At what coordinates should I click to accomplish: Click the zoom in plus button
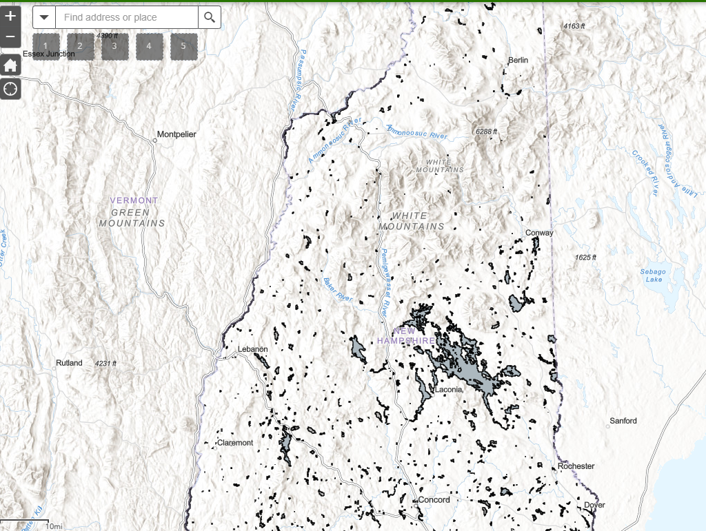pyautogui.click(x=10, y=16)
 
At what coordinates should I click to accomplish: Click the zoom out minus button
pyautogui.click(x=10, y=37)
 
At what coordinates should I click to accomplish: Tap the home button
pyautogui.click(x=10, y=65)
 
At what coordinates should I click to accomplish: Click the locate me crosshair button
pyautogui.click(x=10, y=89)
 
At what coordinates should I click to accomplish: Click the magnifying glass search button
pyautogui.click(x=210, y=17)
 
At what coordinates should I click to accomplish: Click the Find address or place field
pyautogui.click(x=127, y=17)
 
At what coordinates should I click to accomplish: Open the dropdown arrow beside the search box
pyautogui.click(x=44, y=17)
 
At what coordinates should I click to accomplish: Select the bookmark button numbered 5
pyautogui.click(x=183, y=46)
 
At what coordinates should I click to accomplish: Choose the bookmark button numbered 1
pyautogui.click(x=46, y=46)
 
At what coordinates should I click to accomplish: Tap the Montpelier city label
pyautogui.click(x=177, y=134)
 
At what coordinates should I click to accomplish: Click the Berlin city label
pyautogui.click(x=518, y=61)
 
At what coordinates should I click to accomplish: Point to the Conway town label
pyautogui.click(x=539, y=233)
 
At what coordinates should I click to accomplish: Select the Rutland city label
pyautogui.click(x=69, y=363)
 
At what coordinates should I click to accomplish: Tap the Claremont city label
pyautogui.click(x=235, y=443)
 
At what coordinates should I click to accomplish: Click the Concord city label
pyautogui.click(x=434, y=500)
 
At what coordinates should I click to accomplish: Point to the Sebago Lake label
pyautogui.click(x=651, y=275)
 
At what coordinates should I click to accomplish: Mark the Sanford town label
pyautogui.click(x=623, y=421)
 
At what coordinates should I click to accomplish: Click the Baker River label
pyautogui.click(x=338, y=290)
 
